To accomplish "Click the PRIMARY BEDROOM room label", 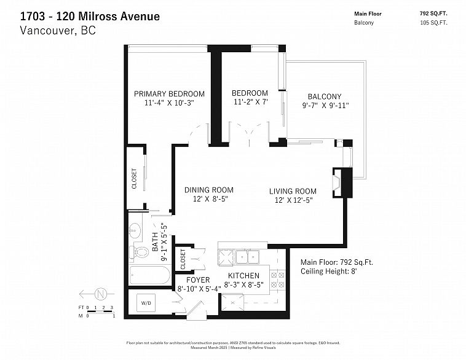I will tap(169, 94).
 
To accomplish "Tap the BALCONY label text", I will tap(324, 96).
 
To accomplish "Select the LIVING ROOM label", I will tap(293, 191).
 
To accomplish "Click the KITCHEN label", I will tap(243, 276).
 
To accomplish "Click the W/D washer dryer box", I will tap(148, 303).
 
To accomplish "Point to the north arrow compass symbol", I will tap(101, 292).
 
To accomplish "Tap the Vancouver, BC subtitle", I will tap(58, 30).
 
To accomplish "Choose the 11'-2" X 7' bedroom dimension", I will tap(250, 103).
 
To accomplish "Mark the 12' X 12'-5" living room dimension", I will tap(293, 201).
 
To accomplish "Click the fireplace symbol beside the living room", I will tap(336, 182).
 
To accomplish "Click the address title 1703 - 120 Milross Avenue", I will tap(90, 16).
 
